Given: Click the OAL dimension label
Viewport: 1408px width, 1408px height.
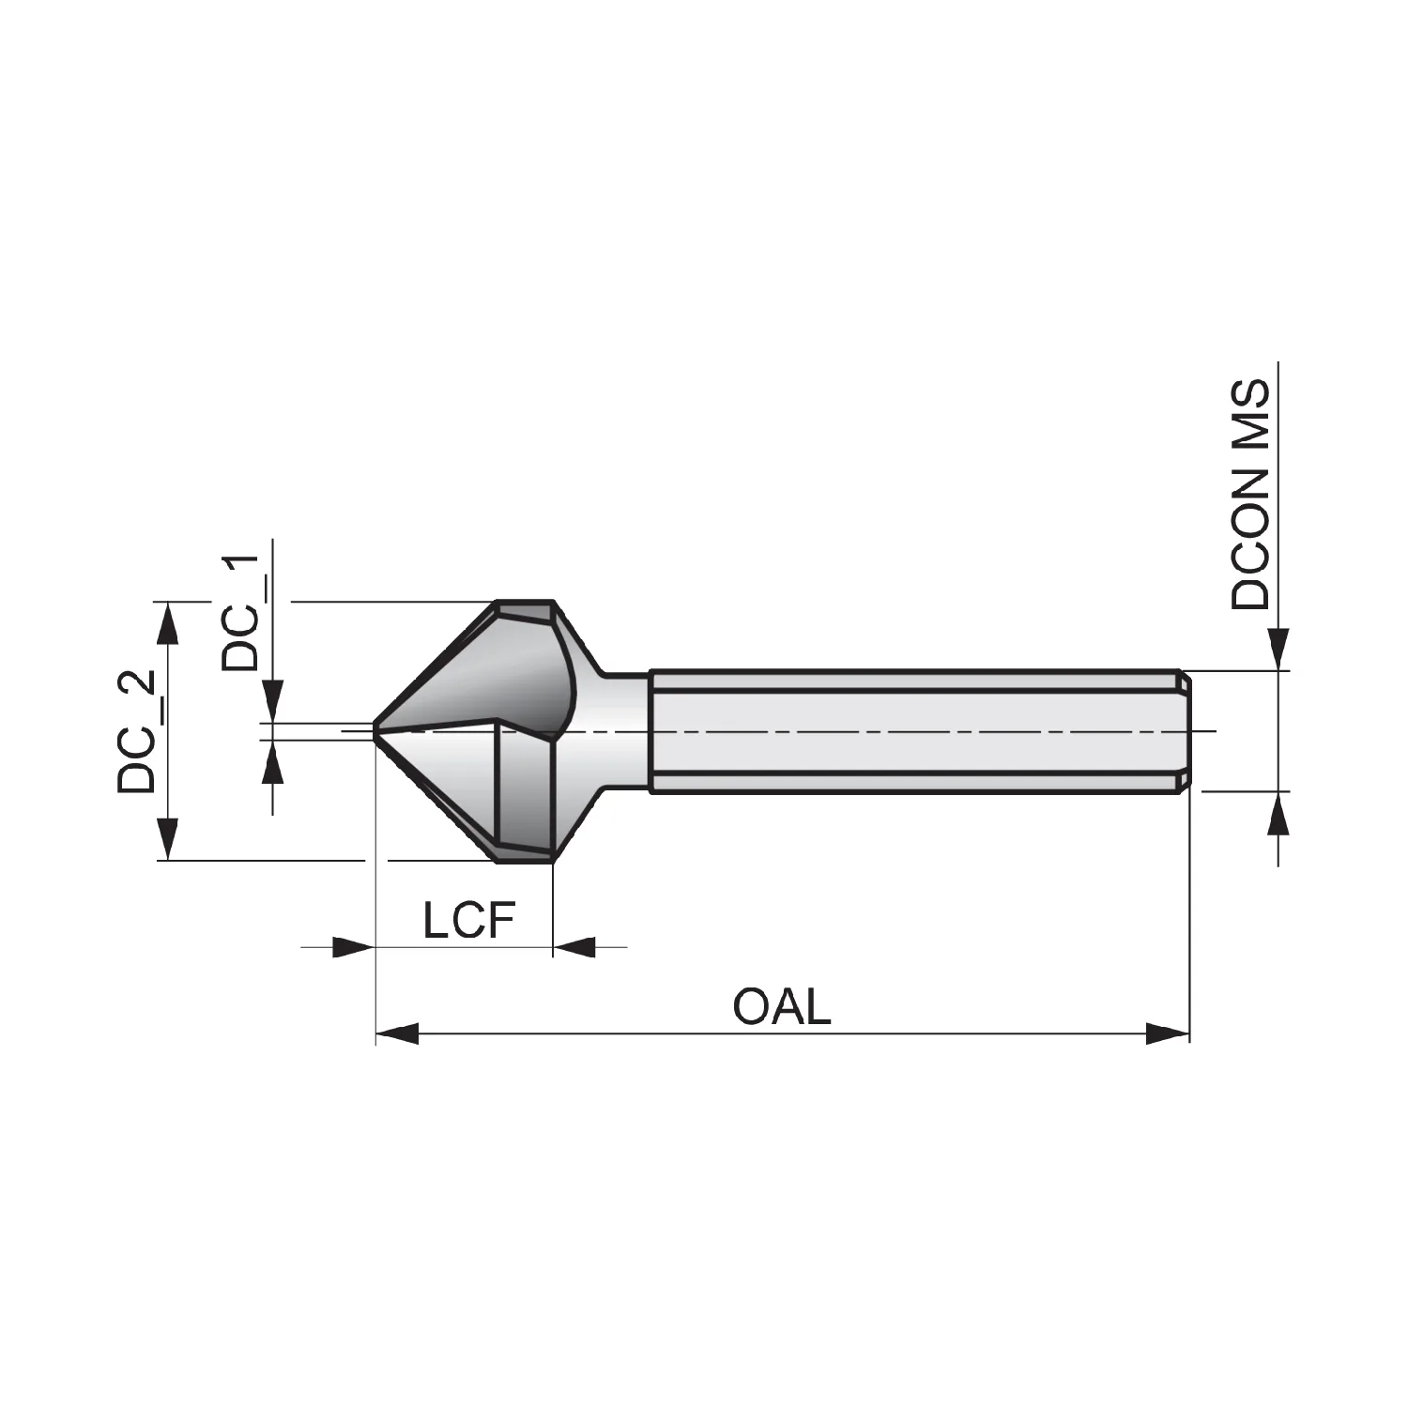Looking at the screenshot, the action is (782, 1007).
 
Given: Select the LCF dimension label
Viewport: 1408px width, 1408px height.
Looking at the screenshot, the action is (469, 921).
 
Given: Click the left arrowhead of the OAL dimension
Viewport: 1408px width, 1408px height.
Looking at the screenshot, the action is (396, 1035).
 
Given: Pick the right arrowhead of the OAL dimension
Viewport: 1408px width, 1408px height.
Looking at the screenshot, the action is (1169, 1035).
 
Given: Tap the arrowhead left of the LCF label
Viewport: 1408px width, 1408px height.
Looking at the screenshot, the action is (354, 947).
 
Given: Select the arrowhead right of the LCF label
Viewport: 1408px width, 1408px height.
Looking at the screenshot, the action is (574, 947).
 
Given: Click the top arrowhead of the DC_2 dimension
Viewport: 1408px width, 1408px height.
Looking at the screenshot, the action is (167, 622).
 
